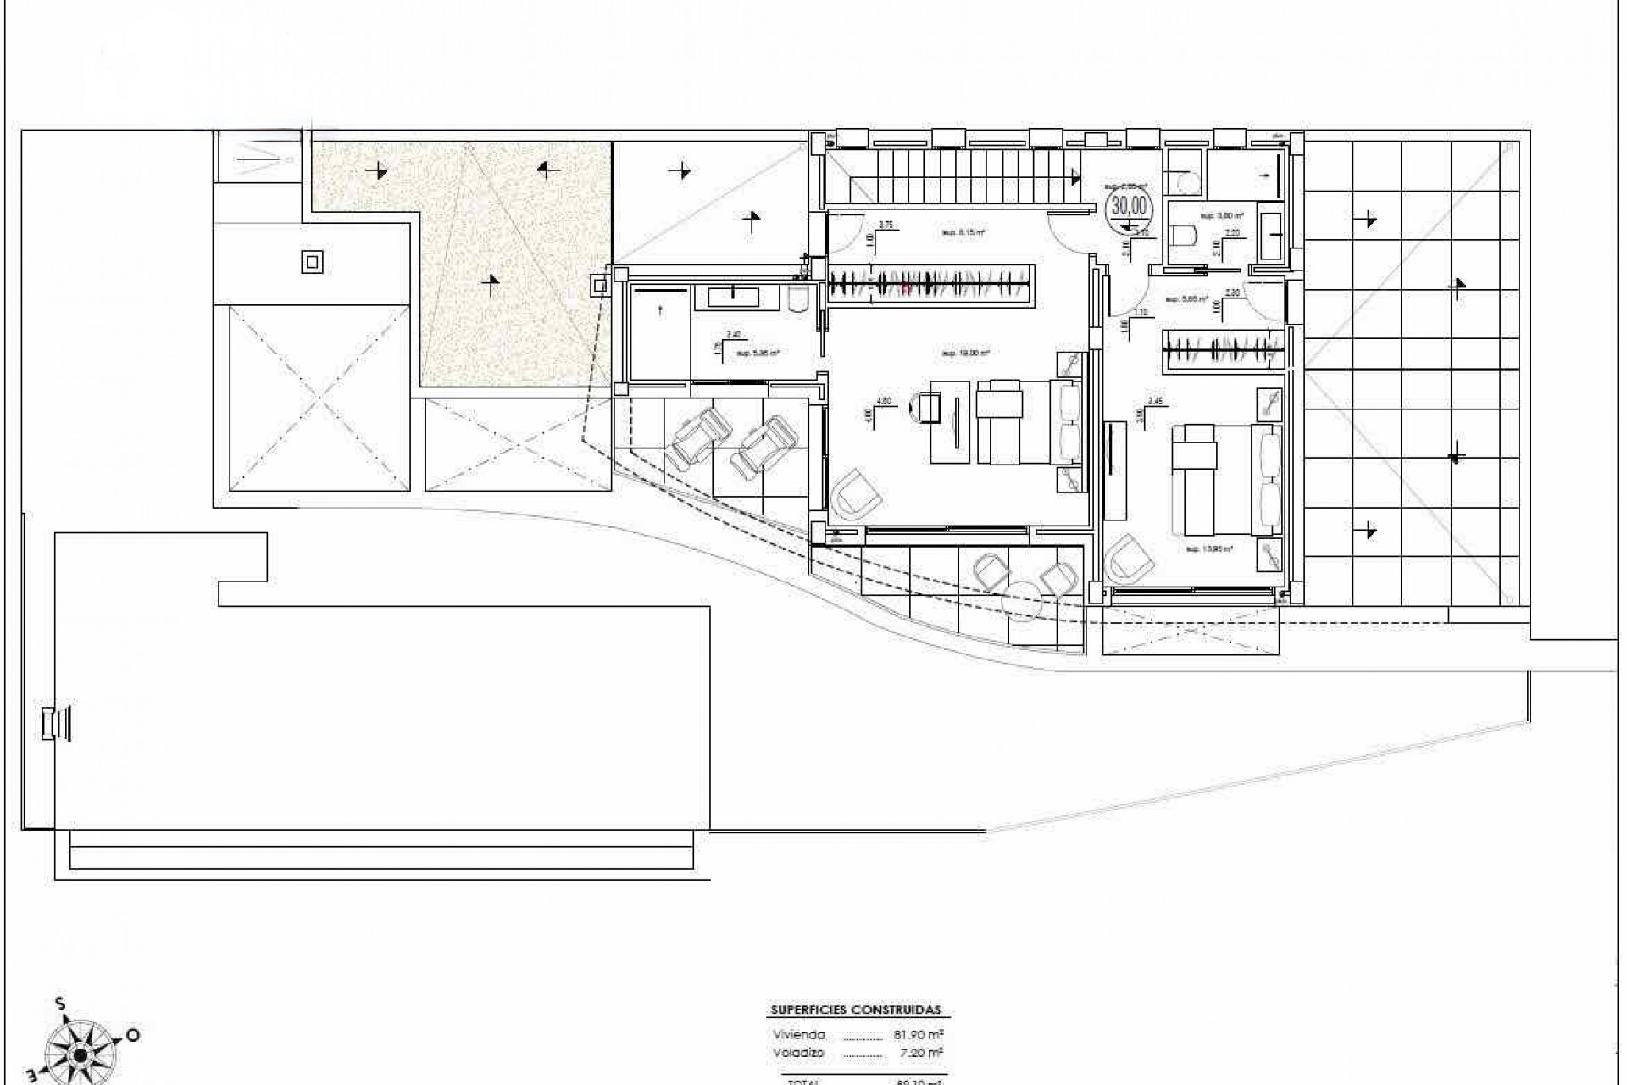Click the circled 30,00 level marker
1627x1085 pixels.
pos(1128,206)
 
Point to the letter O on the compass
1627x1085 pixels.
pos(133,1035)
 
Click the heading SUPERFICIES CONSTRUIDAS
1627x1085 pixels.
pos(855,1010)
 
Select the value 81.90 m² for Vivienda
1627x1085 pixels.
pos(919,1035)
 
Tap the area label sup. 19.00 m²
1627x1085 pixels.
pos(966,353)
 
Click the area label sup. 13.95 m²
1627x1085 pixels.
pos(1208,549)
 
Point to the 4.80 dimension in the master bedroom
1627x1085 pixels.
pos(883,401)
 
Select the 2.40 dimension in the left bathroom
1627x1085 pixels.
pos(734,334)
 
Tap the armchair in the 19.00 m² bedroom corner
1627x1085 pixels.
pos(856,499)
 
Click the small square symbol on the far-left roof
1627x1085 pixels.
pos(312,262)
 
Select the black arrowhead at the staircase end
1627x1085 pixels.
pos(1076,177)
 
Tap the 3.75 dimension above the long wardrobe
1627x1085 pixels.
pos(886,225)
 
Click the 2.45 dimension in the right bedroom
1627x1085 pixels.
pos(1154,401)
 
